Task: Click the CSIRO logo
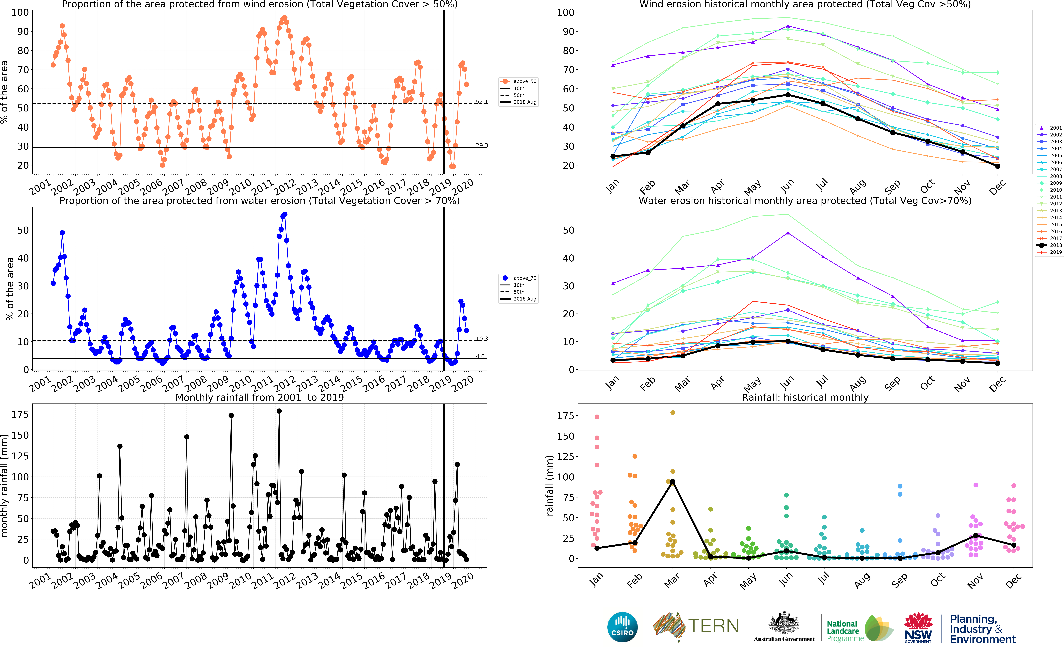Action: click(x=622, y=627)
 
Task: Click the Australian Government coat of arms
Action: click(x=784, y=624)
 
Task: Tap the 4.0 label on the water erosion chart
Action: click(x=480, y=356)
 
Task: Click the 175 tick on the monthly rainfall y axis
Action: click(x=20, y=414)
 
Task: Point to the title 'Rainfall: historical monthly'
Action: click(x=805, y=397)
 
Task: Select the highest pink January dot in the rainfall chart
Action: click(x=597, y=417)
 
